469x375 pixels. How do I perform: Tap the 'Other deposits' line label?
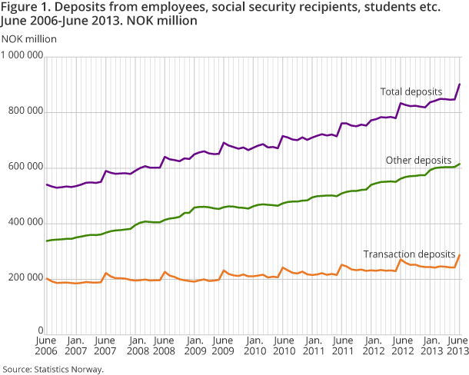417,161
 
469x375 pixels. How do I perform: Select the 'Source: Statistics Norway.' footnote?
52,369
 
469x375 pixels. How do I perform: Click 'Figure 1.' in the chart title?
28,8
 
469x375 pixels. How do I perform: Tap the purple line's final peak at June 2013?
460,85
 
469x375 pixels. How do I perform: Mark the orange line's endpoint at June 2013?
460,254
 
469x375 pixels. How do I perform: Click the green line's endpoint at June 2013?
460,164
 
